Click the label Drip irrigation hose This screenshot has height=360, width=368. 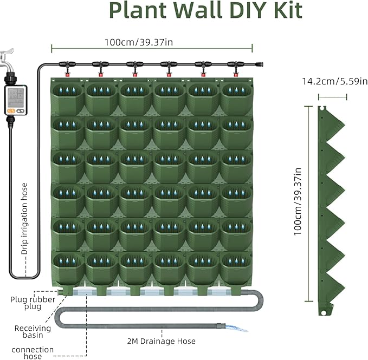coord(24,211)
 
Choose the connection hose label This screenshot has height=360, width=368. coord(32,353)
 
